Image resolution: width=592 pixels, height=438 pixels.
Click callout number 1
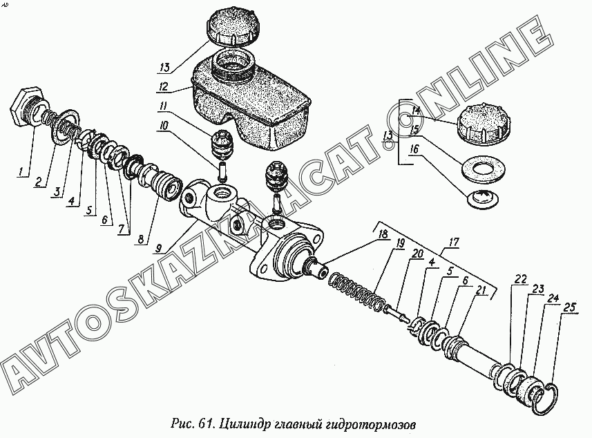pyautogui.click(x=23, y=170)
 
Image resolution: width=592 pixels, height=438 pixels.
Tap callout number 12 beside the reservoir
pyautogui.click(x=163, y=88)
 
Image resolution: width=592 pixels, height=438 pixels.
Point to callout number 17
pyautogui.click(x=453, y=242)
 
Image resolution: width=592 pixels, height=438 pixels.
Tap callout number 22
pyautogui.click(x=520, y=279)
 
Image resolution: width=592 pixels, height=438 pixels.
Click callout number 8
pyautogui.click(x=141, y=240)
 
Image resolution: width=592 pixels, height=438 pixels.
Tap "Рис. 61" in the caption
pyautogui.click(x=193, y=421)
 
